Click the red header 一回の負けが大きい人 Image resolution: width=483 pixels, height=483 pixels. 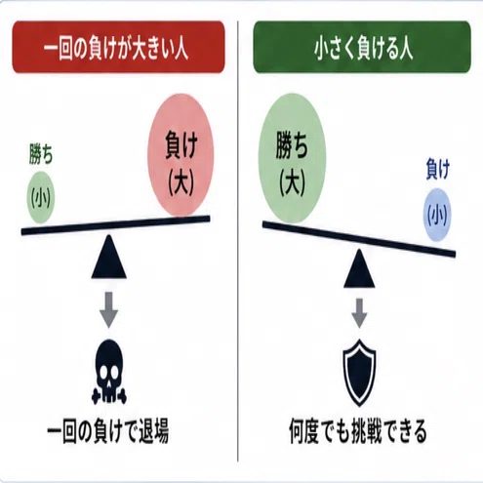(x=118, y=47)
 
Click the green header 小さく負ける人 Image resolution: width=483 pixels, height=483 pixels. (x=362, y=47)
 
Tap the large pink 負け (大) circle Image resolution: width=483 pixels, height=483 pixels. (x=181, y=155)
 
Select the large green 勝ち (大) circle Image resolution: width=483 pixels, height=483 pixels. (x=292, y=159)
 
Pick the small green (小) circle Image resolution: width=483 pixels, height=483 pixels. (x=41, y=198)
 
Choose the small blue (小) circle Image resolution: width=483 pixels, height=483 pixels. (x=437, y=215)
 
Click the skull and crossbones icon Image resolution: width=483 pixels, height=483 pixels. (x=109, y=372)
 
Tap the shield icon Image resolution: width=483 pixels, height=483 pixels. (x=359, y=373)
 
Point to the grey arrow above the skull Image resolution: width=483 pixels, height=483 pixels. (x=108, y=309)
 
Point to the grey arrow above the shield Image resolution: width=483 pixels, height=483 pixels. (x=359, y=313)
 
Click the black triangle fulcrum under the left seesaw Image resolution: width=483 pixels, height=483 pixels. (x=109, y=257)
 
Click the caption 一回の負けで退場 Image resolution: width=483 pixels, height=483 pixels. (x=108, y=431)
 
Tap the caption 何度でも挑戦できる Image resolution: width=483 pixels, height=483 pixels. (x=358, y=431)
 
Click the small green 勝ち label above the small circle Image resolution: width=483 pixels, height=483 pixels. (x=41, y=154)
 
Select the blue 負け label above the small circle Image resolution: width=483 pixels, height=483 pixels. (x=438, y=169)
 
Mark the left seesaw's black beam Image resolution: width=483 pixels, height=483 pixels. (x=116, y=224)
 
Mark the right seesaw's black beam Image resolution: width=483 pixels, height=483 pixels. (x=359, y=239)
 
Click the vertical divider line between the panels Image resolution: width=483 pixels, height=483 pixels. (x=238, y=241)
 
